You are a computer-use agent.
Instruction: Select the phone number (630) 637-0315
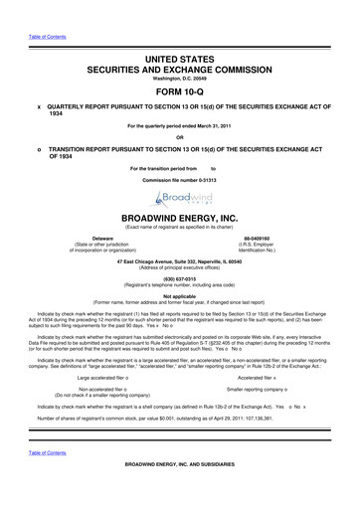coord(181,280)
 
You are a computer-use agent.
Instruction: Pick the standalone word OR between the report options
coord(180,137)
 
